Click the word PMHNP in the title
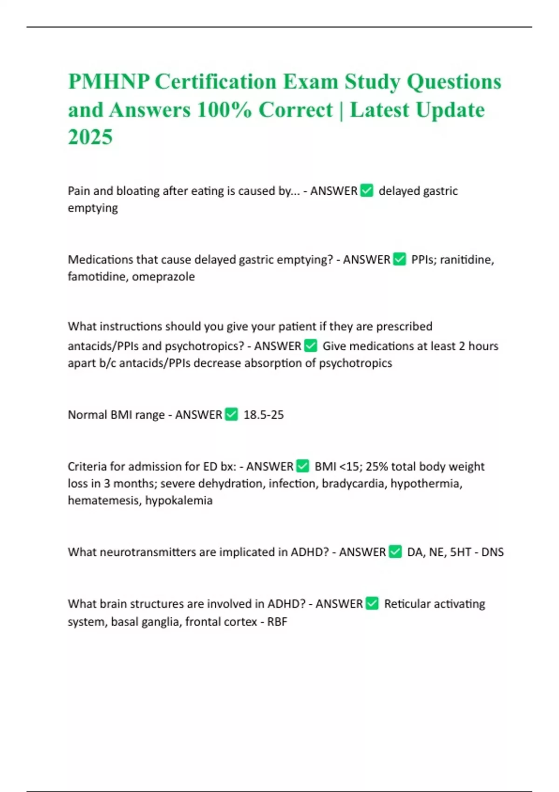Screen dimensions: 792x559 [109, 82]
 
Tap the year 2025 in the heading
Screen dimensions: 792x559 [90, 137]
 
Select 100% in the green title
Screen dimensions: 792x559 [224, 110]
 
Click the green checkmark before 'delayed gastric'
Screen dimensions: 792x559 [367, 191]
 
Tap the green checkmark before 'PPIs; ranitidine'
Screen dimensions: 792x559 [400, 259]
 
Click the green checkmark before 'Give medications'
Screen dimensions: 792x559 [311, 346]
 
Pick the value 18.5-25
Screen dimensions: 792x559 [264, 415]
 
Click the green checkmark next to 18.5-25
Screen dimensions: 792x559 [232, 414]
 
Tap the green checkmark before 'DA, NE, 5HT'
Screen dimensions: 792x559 [395, 552]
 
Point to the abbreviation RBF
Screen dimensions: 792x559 [277, 621]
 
